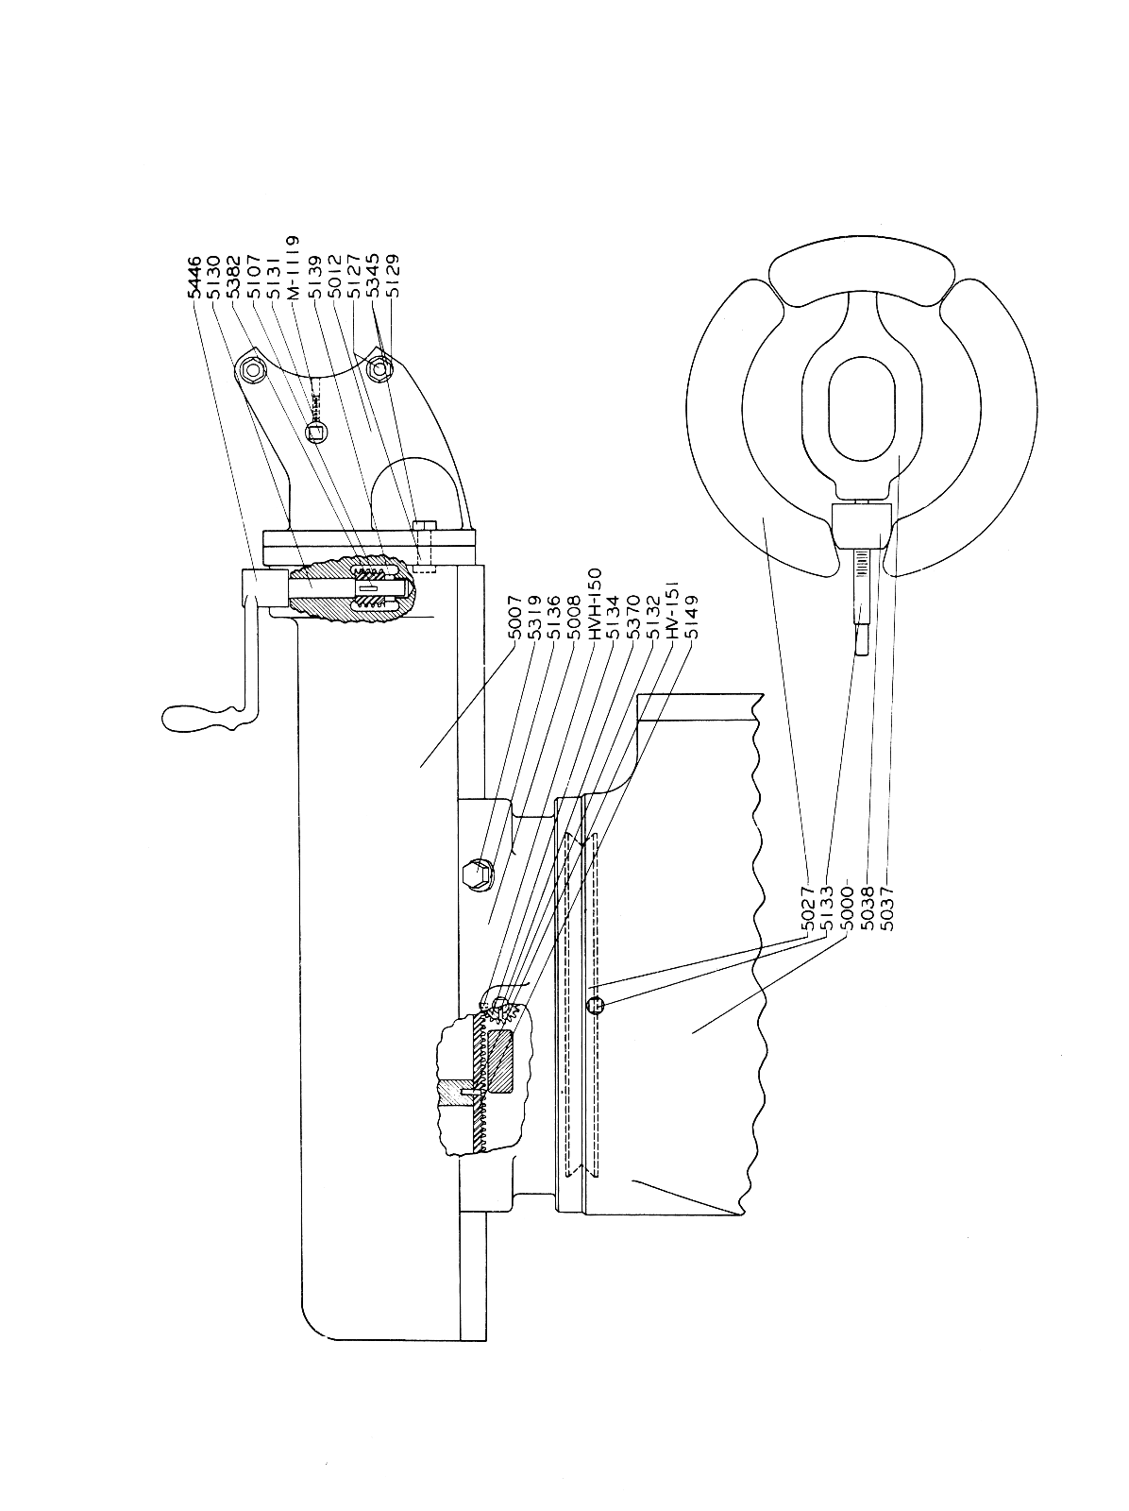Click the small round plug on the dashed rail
pyautogui.click(x=593, y=1005)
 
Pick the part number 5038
pyautogui.click(x=866, y=908)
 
